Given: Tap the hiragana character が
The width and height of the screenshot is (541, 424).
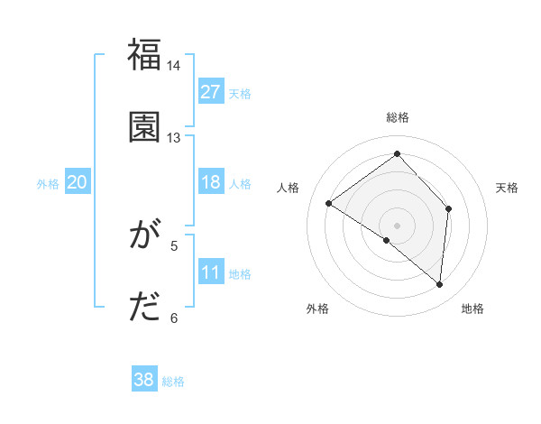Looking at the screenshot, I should tap(144, 236).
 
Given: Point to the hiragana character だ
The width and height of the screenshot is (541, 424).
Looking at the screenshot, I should tap(144, 308).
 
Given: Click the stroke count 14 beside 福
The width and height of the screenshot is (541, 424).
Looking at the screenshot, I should tap(174, 66).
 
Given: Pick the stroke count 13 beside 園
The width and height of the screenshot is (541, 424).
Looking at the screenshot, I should tap(174, 138).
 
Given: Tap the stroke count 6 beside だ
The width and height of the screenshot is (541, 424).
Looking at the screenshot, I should tap(175, 318).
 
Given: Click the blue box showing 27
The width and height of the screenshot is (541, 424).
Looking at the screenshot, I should tap(211, 92).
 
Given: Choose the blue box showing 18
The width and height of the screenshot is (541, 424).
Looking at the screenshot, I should tap(211, 182).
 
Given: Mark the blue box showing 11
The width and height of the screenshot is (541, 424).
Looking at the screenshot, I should tap(211, 272).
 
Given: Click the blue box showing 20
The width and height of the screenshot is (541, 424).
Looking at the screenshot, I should tap(78, 182).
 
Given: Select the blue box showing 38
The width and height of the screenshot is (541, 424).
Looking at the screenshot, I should tap(144, 380).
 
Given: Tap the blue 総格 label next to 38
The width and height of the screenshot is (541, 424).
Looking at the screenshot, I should tap(173, 382).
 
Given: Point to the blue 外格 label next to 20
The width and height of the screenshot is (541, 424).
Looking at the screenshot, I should tap(48, 184).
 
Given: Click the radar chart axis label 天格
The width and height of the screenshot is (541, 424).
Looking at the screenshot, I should tap(508, 188).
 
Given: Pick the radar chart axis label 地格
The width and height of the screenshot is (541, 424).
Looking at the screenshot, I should tap(472, 309).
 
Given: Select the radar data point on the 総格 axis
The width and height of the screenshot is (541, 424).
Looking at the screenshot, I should tap(397, 154).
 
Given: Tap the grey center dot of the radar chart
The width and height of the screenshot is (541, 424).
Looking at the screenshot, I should tap(397, 225).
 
